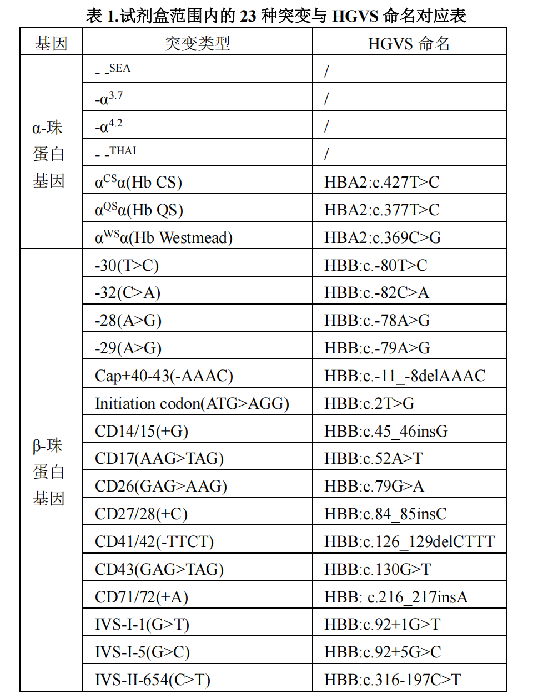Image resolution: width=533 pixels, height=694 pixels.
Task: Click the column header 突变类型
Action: (x=197, y=43)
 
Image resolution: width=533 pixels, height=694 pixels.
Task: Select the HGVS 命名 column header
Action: (x=409, y=43)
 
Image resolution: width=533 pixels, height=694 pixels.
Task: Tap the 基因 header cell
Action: (x=51, y=43)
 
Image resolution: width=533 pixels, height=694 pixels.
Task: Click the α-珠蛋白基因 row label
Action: (x=49, y=154)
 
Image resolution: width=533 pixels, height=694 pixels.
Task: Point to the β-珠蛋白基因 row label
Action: (x=49, y=472)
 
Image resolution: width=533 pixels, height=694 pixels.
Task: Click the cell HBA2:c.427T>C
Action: (x=381, y=182)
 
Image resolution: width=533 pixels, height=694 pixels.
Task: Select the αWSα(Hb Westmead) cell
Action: (x=163, y=237)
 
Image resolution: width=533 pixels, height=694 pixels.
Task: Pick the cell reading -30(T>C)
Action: (x=127, y=265)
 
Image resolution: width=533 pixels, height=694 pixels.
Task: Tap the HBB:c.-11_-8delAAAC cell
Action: (x=405, y=376)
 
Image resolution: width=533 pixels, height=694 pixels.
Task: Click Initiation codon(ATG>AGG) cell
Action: (x=192, y=403)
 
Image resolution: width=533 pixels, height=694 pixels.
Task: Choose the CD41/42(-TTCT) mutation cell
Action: (x=154, y=541)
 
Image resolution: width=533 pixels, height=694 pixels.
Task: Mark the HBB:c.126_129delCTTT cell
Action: (x=409, y=541)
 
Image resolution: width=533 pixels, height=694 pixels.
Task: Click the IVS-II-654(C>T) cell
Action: (x=152, y=680)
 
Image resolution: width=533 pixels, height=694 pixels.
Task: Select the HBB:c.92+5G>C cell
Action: (x=383, y=652)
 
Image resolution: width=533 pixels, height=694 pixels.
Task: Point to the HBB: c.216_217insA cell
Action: (x=396, y=597)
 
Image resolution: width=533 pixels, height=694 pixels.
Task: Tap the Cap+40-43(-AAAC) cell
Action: (x=164, y=376)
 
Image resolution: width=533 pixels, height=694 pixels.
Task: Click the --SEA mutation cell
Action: (x=113, y=70)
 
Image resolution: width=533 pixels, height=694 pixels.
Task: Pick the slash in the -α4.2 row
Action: (x=326, y=126)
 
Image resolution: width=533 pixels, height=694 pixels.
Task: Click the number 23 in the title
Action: (x=248, y=16)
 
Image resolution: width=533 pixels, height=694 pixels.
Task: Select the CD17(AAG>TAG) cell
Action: (x=159, y=458)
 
